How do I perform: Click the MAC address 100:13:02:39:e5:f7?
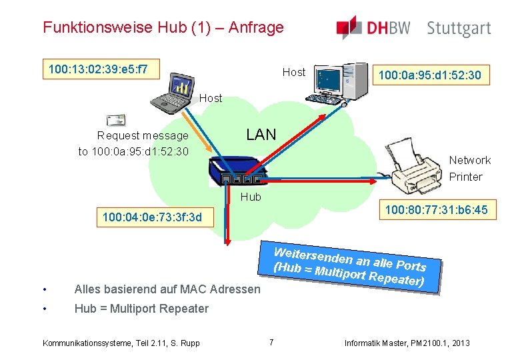(99, 69)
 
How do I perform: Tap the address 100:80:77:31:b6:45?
(436, 211)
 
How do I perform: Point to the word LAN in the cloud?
(261, 135)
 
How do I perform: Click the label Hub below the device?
(251, 197)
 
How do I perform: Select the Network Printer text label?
(469, 168)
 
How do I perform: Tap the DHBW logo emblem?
(349, 27)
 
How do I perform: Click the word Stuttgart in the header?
(459, 29)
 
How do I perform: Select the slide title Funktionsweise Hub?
(163, 27)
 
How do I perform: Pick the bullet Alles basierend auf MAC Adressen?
(167, 289)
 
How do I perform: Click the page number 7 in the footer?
(271, 343)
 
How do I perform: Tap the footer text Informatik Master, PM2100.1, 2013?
(407, 343)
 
